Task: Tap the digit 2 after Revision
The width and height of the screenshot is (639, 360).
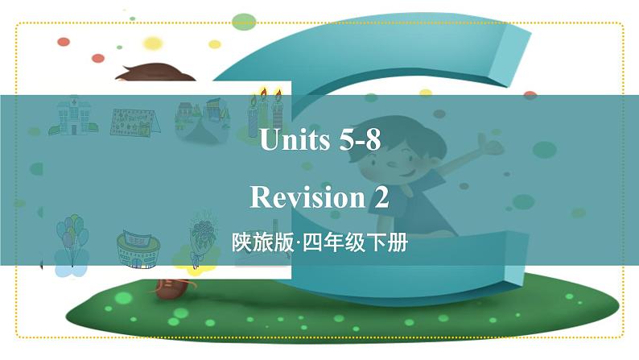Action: [x=380, y=197]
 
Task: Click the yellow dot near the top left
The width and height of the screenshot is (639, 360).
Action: [x=152, y=43]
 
